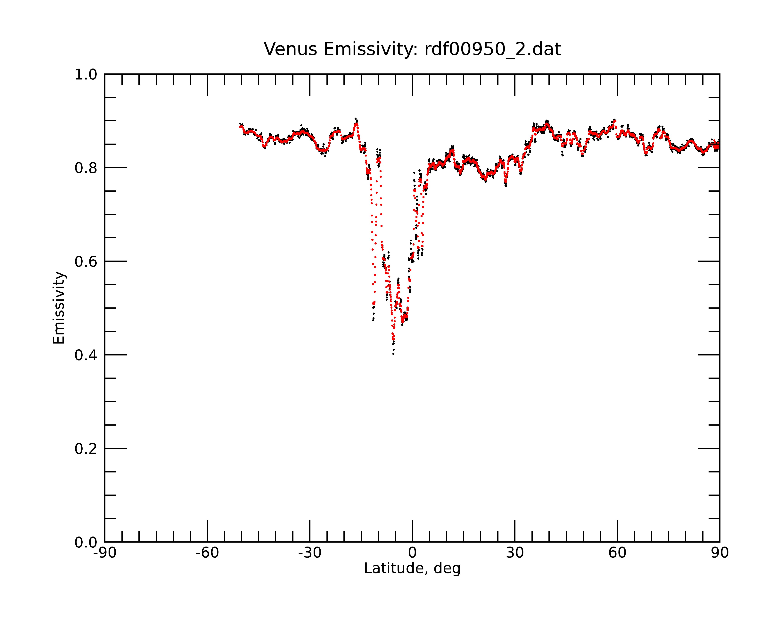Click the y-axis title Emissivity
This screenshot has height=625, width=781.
59,308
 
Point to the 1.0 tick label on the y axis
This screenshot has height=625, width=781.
86,75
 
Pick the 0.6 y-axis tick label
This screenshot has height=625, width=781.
86,262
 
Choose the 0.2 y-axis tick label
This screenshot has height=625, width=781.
86,449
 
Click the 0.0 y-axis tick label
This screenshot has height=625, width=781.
86,542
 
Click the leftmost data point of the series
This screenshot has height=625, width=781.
240,124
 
